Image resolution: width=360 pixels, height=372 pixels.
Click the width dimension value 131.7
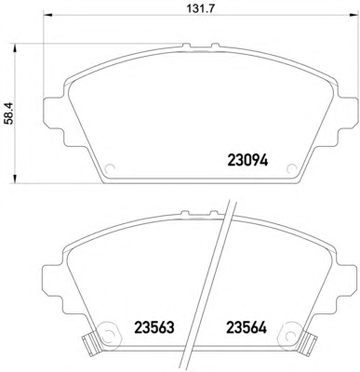[200, 8]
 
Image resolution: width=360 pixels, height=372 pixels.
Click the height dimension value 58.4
[10, 114]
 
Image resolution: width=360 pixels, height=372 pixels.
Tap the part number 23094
[247, 161]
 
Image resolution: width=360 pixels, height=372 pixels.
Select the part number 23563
[154, 327]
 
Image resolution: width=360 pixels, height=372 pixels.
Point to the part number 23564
[247, 327]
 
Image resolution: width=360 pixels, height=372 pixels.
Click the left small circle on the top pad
[110, 168]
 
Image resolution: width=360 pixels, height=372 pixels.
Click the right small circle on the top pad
[291, 168]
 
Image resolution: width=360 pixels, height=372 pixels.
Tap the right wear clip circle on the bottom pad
[290, 335]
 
